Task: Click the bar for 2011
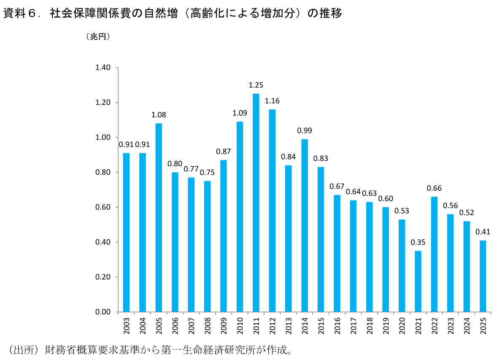pos(256,203)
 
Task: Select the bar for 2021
pos(418,282)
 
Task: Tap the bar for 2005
pos(159,217)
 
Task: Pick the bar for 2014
pos(305,225)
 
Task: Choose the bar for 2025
pos(483,276)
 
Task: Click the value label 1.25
pos(256,85)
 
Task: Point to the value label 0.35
pos(418,243)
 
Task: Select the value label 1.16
pos(272,101)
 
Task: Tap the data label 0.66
pos(434,188)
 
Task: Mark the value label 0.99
pos(305,130)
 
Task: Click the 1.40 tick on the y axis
pos(103,68)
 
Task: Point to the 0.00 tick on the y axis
pos(103,312)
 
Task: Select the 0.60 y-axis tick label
pos(103,207)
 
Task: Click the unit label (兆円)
pos(98,37)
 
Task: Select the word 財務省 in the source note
pos(60,349)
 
